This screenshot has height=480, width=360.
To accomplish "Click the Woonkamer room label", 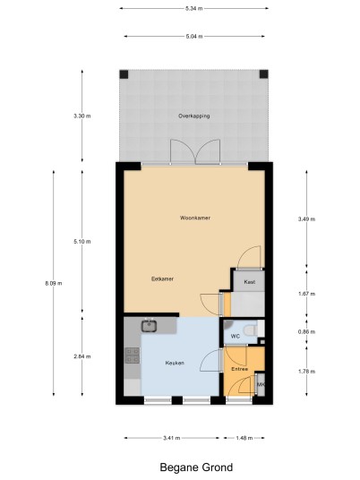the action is point(195,218).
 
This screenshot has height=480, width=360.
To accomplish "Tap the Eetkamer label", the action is point(163,279).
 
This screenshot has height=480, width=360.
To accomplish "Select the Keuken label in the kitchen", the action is point(175,363).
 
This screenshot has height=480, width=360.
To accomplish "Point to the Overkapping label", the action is point(194,116).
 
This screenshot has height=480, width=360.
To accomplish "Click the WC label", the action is point(236,337).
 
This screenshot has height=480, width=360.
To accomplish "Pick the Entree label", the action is point(240,369).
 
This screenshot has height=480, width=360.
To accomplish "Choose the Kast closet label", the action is point(250,282).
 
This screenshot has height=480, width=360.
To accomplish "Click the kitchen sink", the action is point(149,326).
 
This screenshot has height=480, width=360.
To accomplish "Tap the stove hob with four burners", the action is point(133,356).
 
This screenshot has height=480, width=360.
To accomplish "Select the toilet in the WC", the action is point(252,330).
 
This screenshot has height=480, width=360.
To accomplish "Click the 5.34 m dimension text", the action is point(194,9).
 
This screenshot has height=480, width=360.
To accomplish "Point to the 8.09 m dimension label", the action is point(54,284).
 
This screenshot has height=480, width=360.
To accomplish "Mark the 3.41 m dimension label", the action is point(172,438).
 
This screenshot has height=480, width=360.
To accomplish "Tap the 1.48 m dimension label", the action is point(244,438).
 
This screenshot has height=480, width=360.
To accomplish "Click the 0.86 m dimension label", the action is point(307,332).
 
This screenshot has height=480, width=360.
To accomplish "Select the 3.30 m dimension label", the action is point(82,116).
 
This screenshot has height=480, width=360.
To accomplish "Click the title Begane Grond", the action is point(196,467).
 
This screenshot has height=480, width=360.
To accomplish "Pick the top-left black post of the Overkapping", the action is point(124,74).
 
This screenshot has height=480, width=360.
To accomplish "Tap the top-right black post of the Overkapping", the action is point(264,74).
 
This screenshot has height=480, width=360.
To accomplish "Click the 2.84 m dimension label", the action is point(82,356).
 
